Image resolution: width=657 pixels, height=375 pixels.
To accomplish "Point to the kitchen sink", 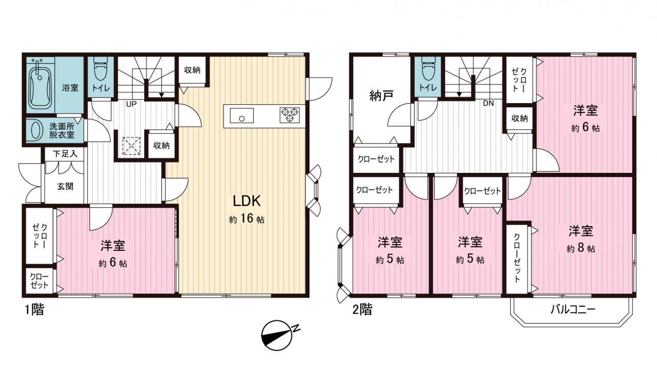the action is pos(242,115).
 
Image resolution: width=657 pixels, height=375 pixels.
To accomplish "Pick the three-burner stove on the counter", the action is pos(290,115).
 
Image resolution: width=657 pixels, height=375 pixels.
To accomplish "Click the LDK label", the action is pos(247,201).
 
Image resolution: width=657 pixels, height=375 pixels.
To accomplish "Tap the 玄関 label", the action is pos(65,186).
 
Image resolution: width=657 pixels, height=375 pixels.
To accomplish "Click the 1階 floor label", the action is pos(34,309).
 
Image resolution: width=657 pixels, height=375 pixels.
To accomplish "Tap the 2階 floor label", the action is pos(362,309).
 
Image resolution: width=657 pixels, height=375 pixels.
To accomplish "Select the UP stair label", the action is pos(131,104).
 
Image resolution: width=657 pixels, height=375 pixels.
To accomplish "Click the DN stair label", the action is pos(488,103).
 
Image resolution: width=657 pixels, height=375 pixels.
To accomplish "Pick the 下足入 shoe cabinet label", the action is pos(65,153).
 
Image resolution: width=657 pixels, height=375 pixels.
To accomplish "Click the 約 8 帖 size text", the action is pos(581,248).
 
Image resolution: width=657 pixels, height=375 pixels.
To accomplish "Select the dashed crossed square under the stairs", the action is pos(131,146).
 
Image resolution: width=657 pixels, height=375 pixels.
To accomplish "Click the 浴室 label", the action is pos(70,88).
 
